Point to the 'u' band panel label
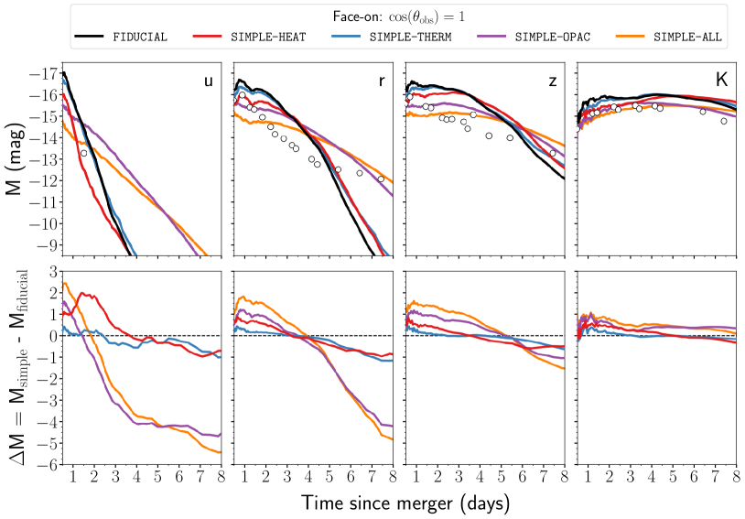pyautogui.click(x=208, y=81)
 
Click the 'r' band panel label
pyautogui.click(x=382, y=81)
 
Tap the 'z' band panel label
pyautogui.click(x=553, y=81)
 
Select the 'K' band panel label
pyautogui.click(x=721, y=81)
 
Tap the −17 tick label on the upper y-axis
pyautogui.click(x=43, y=73)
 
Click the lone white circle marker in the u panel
pyautogui.click(x=83, y=153)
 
